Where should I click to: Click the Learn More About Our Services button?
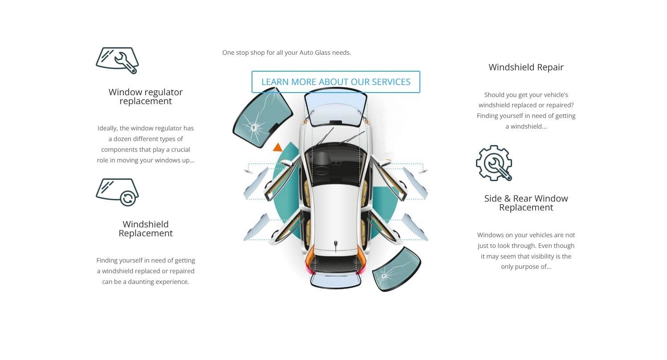pos(336,82)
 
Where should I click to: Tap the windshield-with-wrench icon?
pos(117,61)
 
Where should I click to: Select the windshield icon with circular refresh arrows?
pos(117,192)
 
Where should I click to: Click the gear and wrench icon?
pos(494,163)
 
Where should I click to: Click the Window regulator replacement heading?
pos(146,97)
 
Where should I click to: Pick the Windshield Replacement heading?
pos(146,228)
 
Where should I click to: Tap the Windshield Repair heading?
pos(526,67)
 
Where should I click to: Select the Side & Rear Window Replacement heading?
pos(526,202)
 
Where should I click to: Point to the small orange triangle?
pos(277,147)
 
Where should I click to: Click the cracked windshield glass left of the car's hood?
pos(262,117)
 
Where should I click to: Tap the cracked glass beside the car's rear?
pos(396,269)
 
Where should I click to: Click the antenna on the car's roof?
pos(336,246)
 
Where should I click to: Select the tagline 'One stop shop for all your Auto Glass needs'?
pos(286,53)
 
